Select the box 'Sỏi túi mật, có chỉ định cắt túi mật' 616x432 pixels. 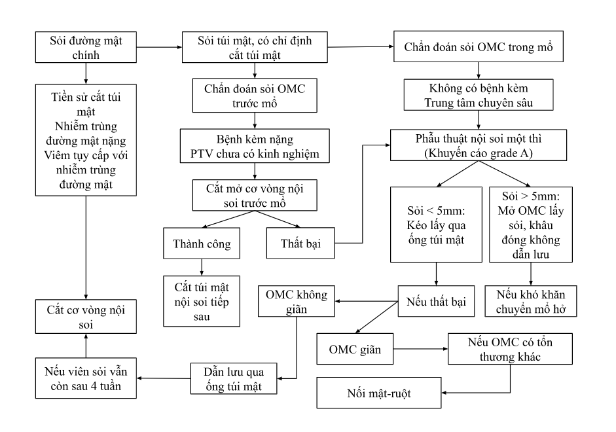point(255,47)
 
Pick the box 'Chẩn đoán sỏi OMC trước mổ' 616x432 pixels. point(255,96)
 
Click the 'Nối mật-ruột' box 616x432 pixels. point(378,394)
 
